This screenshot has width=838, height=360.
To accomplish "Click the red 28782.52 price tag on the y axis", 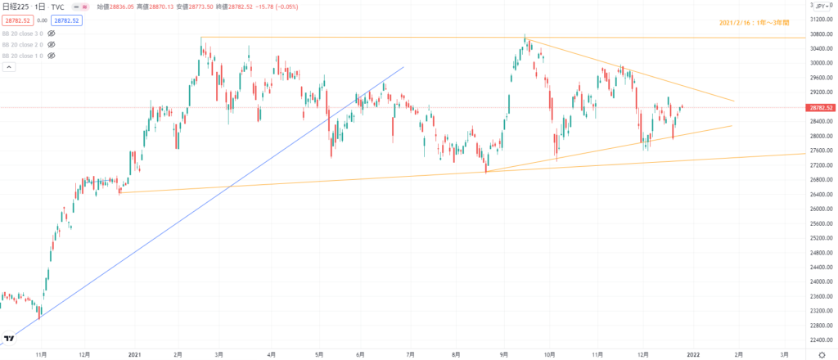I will (x=821, y=107).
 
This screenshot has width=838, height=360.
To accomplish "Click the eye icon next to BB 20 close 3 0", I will (x=52, y=33).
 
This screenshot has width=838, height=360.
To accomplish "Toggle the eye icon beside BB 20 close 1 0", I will (x=52, y=56).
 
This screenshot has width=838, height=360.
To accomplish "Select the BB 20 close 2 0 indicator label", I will (x=22, y=44).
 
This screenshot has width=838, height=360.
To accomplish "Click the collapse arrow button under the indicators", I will (x=9, y=68).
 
